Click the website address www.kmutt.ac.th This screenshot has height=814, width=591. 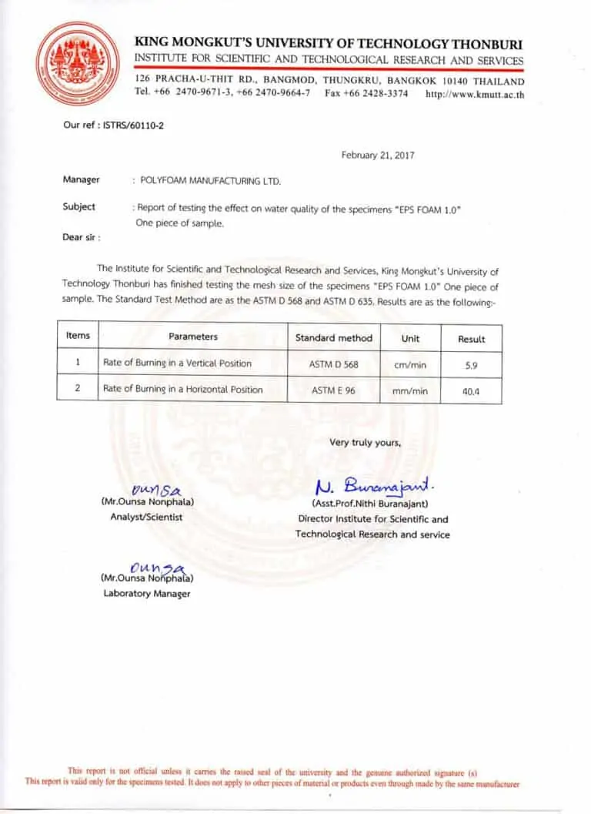pyautogui.click(x=475, y=95)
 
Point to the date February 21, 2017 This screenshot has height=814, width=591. pyautogui.click(x=378, y=156)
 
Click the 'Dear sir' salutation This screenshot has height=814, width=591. pyautogui.click(x=82, y=237)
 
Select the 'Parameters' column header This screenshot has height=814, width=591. pyautogui.click(x=193, y=337)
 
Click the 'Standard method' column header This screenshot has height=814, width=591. pyautogui.click(x=333, y=337)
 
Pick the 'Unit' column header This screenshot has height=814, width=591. pyautogui.click(x=410, y=338)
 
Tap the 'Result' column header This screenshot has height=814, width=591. pyautogui.click(x=471, y=339)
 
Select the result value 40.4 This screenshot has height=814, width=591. pyautogui.click(x=471, y=391)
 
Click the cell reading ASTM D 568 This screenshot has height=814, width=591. pyautogui.click(x=334, y=363)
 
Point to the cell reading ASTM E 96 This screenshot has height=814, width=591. pyautogui.click(x=333, y=390)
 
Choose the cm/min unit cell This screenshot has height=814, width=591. pyautogui.click(x=410, y=364)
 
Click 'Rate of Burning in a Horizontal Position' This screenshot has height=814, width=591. pyautogui.click(x=183, y=390)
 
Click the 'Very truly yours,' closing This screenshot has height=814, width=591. pyautogui.click(x=365, y=442)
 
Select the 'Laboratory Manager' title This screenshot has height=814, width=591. pyautogui.click(x=147, y=594)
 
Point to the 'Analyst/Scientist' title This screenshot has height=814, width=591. pyautogui.click(x=146, y=517)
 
